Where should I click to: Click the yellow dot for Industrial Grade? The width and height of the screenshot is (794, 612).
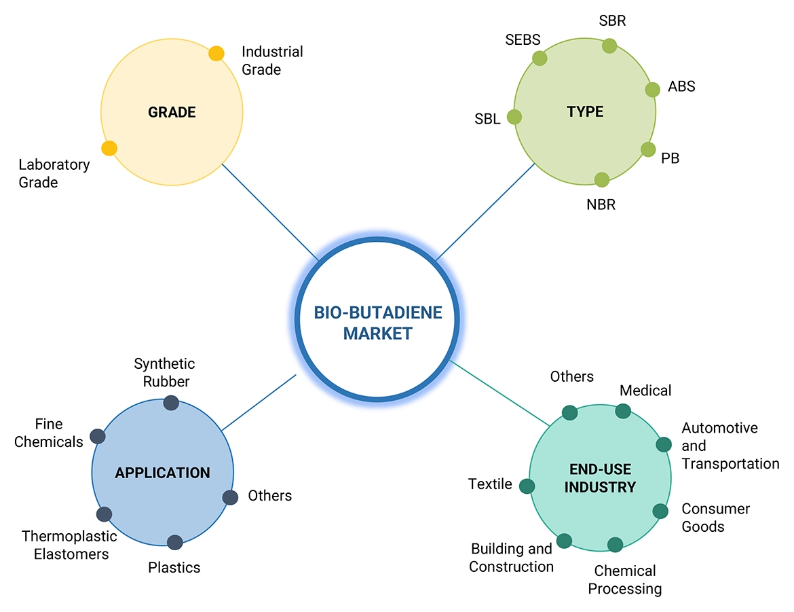click(x=216, y=54)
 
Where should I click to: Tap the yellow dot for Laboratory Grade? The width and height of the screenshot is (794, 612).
click(x=109, y=148)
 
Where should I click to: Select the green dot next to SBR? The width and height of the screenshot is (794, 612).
click(x=609, y=46)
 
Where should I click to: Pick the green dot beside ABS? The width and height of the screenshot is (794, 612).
click(x=652, y=90)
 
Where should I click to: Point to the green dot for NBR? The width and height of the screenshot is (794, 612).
click(x=602, y=179)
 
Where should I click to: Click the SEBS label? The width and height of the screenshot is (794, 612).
click(x=523, y=39)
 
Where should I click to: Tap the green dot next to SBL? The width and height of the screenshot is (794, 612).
click(x=514, y=117)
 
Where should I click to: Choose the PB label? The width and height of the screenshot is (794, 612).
click(x=670, y=158)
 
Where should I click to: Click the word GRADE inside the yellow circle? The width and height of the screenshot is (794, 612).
click(x=172, y=112)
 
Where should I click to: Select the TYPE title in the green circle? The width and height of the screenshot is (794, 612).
click(x=585, y=111)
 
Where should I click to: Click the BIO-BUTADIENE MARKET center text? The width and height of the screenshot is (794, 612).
click(x=378, y=323)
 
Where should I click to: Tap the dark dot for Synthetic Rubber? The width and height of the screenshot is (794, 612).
click(x=171, y=403)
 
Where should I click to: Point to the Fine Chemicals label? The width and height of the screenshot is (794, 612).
click(x=48, y=433)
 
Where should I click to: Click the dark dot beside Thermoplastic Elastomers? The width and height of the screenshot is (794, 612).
click(x=104, y=514)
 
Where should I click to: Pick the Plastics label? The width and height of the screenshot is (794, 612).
click(x=174, y=567)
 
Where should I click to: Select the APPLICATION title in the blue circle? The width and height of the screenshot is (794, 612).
click(x=163, y=473)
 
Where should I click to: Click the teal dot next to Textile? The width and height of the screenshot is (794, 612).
click(x=527, y=486)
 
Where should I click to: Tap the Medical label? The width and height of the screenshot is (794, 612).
click(x=645, y=391)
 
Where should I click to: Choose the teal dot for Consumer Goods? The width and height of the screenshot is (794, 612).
click(x=660, y=511)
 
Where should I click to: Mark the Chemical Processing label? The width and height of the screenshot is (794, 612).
click(x=624, y=579)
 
